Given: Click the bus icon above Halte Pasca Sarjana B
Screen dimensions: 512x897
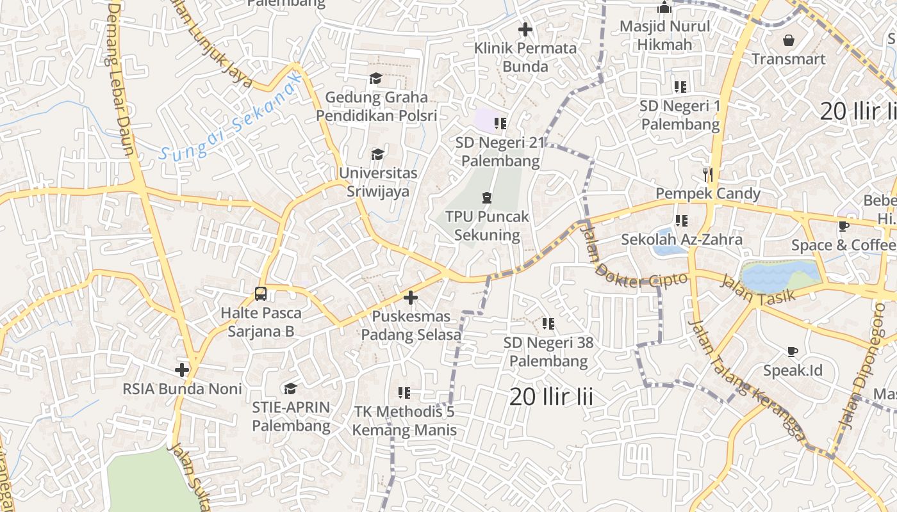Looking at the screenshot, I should click(x=261, y=294).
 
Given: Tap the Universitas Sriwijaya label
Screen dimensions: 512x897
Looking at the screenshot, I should click(x=377, y=182).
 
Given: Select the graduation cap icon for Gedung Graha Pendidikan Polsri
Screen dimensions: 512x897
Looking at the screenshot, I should click(x=375, y=79).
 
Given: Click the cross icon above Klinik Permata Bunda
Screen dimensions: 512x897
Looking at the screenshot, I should click(x=525, y=29).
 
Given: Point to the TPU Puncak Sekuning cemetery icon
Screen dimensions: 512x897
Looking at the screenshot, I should click(x=487, y=197).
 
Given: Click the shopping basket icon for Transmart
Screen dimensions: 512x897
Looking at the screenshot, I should click(x=789, y=40).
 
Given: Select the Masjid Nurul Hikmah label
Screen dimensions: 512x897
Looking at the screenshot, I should click(x=664, y=35).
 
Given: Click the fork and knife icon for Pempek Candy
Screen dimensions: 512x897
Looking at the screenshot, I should click(x=708, y=174).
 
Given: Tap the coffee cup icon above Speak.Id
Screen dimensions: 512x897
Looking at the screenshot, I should click(x=793, y=351).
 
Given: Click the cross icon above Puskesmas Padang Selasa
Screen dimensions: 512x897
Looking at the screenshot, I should click(x=411, y=298).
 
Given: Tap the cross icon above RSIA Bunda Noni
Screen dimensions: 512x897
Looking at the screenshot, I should click(x=182, y=370).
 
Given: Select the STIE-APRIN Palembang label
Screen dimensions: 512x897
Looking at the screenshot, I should click(x=291, y=416).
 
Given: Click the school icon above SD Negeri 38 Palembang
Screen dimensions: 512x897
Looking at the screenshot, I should click(x=548, y=324).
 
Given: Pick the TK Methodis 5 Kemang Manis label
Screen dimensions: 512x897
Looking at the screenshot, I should click(x=404, y=420).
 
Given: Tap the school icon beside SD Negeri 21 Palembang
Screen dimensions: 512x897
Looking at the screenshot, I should click(x=500, y=123).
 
